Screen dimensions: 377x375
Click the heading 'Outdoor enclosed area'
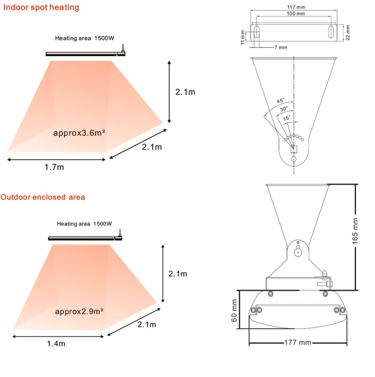pos(43,197)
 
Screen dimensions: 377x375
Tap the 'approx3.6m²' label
pos(79,133)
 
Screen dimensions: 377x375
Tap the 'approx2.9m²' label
pos(79,311)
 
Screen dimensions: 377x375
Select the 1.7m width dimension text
pos(54,167)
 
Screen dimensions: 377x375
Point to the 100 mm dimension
pos(295,14)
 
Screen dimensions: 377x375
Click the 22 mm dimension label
pos(348,32)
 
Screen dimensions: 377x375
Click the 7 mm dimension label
pos(280,47)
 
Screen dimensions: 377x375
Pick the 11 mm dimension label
pos(242,37)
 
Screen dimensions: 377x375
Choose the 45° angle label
pos(281,101)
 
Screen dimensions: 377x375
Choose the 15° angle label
pos(287,117)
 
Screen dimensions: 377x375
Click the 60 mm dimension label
pos(234,310)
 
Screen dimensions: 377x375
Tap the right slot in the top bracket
pos(332,33)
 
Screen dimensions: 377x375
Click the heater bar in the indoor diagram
pos(85,54)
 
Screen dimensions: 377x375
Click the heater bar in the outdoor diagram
pos(83,238)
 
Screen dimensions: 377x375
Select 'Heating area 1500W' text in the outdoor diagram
pos(84,224)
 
